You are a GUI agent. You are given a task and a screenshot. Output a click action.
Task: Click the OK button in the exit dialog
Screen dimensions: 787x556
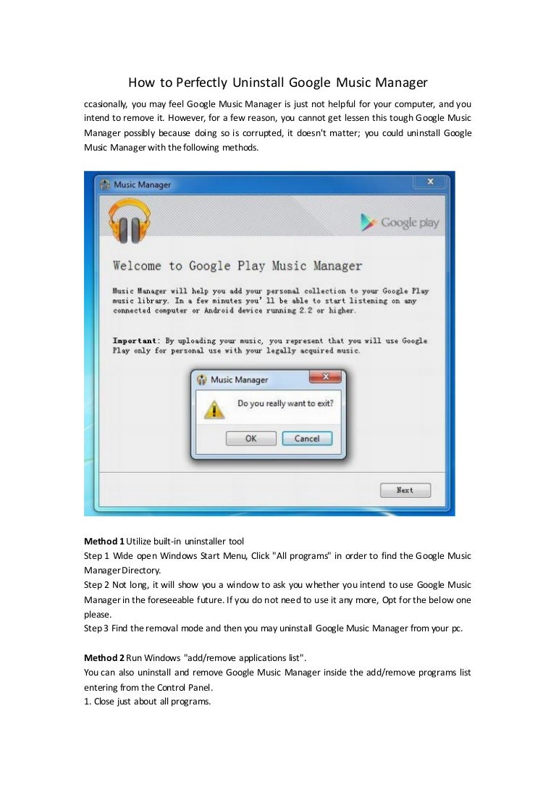(250, 438)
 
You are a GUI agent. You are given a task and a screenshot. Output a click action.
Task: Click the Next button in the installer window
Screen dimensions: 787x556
(405, 490)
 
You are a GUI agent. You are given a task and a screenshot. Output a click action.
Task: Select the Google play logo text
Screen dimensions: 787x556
(400, 222)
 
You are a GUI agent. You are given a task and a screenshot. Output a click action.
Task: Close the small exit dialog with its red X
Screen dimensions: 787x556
(325, 377)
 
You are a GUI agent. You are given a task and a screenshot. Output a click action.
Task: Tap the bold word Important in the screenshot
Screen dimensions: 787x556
(135, 340)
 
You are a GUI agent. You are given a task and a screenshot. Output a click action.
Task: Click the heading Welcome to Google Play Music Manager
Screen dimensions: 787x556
(237, 266)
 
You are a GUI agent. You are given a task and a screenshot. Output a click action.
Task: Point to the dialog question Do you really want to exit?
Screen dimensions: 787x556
(285, 403)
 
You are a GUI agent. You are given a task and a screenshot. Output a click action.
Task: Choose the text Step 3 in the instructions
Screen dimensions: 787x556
(96, 628)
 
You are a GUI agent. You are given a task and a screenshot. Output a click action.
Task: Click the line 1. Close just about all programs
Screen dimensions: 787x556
(147, 701)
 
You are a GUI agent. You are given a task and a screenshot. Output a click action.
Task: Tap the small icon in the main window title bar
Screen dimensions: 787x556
(104, 185)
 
